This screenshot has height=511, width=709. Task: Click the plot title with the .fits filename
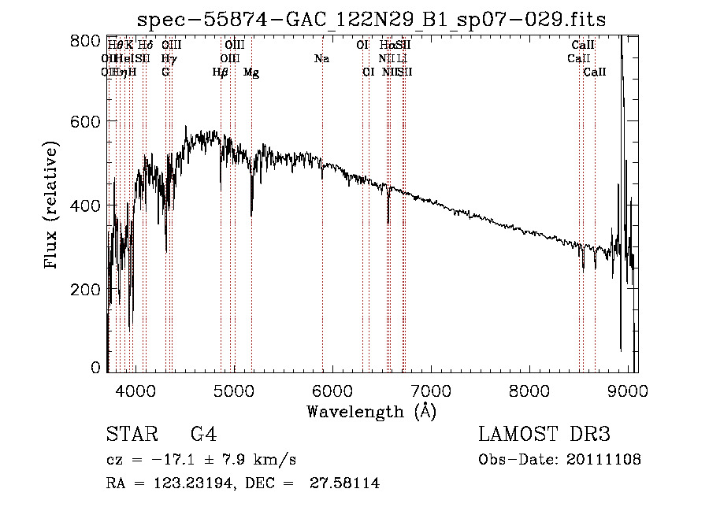pos(372,20)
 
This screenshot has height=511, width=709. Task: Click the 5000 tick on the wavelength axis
pos(234,389)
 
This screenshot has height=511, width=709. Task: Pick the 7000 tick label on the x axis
pos(431,389)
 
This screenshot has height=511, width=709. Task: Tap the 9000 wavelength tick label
pos(628,389)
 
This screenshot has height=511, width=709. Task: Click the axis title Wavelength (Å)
pos(371,411)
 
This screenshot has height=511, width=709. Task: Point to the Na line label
pos(321,59)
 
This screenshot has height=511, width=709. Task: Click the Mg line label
pos(251,72)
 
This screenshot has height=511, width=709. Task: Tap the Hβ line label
pos(221,72)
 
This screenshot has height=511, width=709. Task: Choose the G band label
pos(165,72)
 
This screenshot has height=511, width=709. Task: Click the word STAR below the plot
pos(129,435)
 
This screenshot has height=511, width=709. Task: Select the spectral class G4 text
pos(203,435)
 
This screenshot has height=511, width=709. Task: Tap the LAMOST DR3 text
pos(544,435)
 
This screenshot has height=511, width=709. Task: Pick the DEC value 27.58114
pos(347,483)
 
